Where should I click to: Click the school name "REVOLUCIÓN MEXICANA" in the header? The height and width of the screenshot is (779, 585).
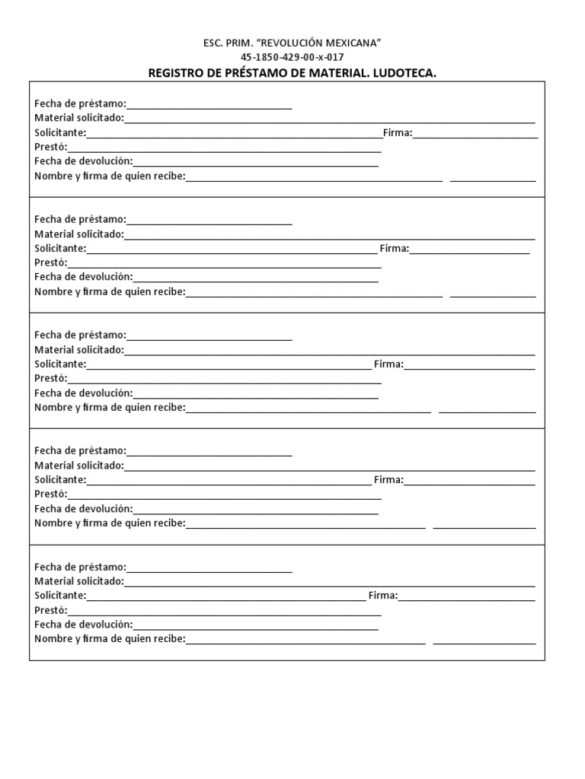(x=325, y=43)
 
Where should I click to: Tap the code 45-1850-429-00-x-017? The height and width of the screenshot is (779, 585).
(x=292, y=58)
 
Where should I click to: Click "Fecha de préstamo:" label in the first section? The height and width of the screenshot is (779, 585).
(x=80, y=104)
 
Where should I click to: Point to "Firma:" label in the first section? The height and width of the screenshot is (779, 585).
(x=397, y=133)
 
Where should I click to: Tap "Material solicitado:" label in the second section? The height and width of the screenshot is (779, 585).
(x=78, y=234)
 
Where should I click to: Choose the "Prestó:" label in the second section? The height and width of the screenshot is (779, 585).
(x=50, y=262)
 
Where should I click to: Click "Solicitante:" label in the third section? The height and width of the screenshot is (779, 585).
(x=60, y=364)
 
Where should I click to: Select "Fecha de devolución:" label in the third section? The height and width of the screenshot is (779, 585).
(x=83, y=393)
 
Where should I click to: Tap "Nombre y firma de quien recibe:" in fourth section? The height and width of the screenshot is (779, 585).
(x=110, y=523)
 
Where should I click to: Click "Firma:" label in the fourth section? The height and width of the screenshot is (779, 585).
(x=388, y=480)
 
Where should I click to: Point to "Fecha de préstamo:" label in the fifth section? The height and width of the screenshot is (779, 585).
(x=80, y=568)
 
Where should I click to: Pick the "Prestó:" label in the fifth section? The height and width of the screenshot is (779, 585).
(x=50, y=610)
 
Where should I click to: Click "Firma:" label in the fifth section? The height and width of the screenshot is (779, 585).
(x=383, y=596)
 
